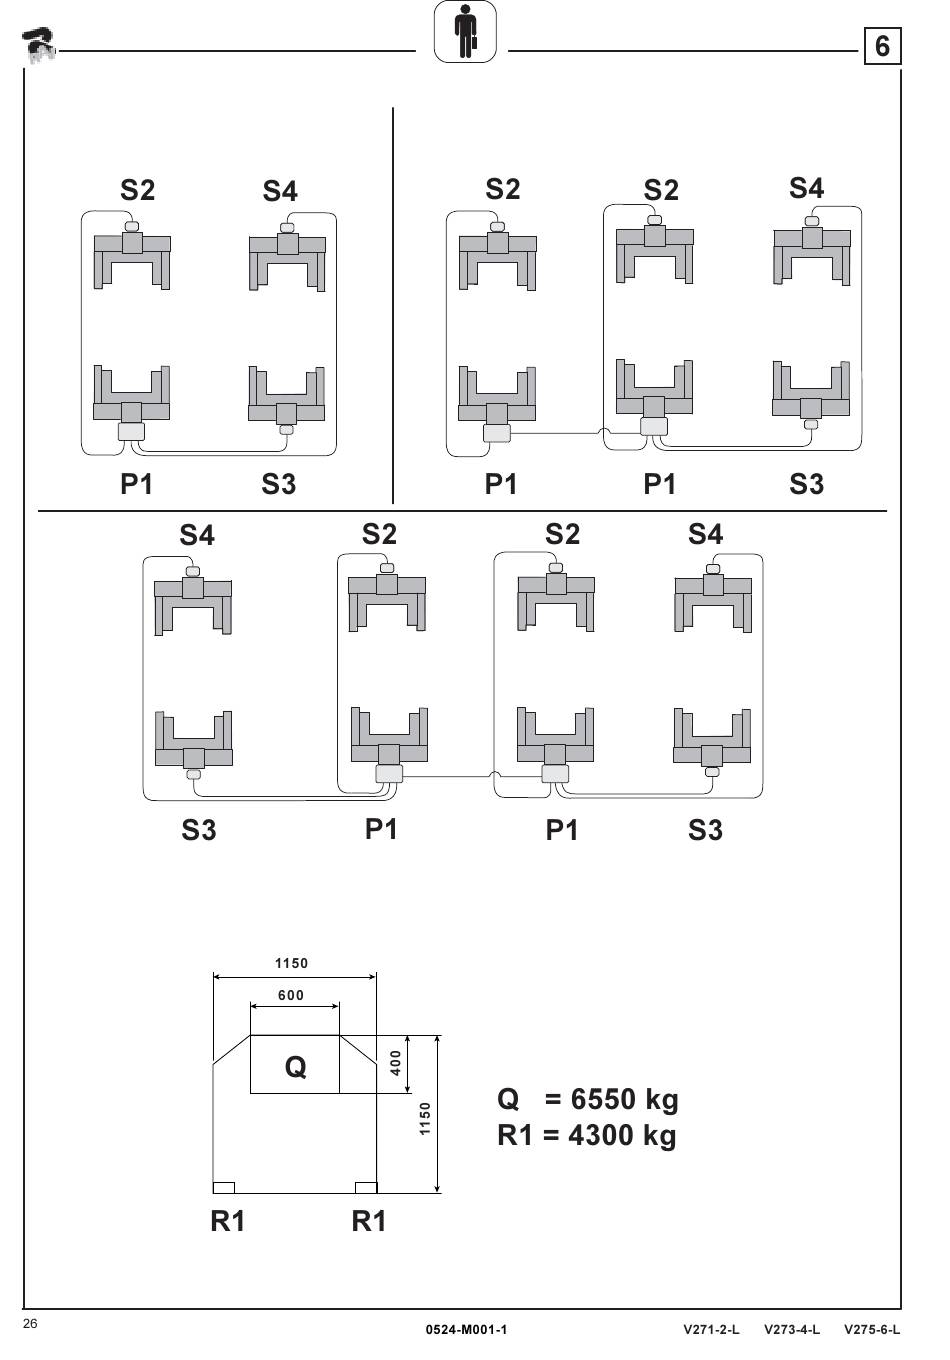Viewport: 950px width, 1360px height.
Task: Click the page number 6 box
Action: tap(881, 46)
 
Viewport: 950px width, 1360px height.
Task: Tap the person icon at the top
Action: tap(465, 32)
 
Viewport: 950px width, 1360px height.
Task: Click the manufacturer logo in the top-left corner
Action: tap(39, 45)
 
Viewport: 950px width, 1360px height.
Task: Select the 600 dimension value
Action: tap(291, 995)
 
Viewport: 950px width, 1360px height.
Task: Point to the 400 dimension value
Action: tap(396, 1062)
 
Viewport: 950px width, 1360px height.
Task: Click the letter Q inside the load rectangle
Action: tap(295, 1067)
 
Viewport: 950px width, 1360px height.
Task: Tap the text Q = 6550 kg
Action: tap(587, 1099)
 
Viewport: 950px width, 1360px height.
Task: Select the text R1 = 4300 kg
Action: tap(586, 1135)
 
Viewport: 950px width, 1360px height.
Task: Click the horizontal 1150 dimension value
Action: tap(292, 964)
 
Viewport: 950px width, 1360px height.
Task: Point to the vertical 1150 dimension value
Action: tap(425, 1118)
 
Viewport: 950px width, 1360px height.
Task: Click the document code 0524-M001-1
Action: tap(466, 1329)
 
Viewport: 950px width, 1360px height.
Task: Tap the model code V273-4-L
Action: tap(791, 1329)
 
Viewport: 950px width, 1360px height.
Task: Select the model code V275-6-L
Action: tap(872, 1329)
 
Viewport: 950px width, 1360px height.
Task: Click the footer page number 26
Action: tap(31, 1324)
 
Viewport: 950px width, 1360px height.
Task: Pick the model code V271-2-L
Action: tap(711, 1329)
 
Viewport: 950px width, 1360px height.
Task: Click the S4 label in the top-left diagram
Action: tap(280, 191)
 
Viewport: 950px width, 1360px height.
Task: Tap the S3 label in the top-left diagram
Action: tap(279, 484)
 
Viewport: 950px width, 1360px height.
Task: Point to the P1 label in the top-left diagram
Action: tap(137, 484)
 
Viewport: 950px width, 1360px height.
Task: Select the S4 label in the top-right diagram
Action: tap(806, 188)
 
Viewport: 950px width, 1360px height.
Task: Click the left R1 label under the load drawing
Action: tap(228, 1221)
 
